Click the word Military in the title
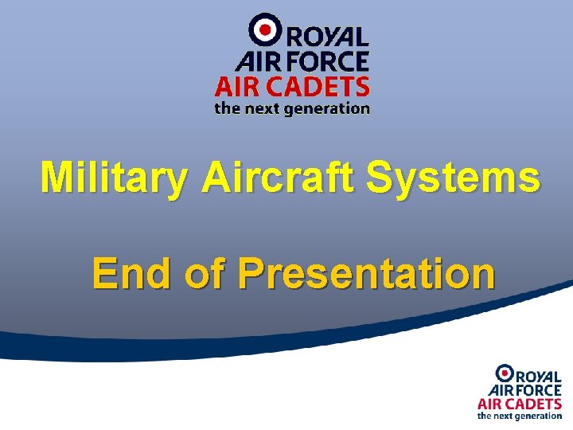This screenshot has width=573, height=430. pyautogui.click(x=115, y=178)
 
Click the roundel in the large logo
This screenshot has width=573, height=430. pyautogui.click(x=264, y=29)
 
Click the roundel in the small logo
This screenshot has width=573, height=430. pyautogui.click(x=504, y=372)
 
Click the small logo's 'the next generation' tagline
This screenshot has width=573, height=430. pyautogui.click(x=519, y=416)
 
